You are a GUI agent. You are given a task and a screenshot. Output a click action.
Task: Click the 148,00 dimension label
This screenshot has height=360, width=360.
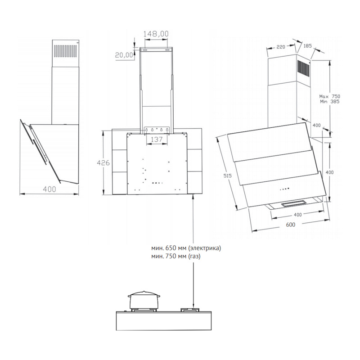[156, 34]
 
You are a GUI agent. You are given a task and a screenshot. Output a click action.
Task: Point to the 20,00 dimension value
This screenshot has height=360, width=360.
[124, 55]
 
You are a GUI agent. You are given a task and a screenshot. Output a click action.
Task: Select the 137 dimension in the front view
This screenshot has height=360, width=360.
[156, 139]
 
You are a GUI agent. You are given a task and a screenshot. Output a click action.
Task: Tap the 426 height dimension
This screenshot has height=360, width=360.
[104, 163]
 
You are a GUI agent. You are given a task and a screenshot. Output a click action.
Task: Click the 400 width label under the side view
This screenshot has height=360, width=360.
[49, 189]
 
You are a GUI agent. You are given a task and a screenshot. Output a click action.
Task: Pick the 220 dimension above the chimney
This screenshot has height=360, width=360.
[282, 47]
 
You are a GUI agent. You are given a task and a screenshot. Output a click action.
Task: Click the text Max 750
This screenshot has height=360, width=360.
[329, 96]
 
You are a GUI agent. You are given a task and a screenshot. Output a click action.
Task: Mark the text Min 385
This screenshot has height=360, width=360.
[329, 102]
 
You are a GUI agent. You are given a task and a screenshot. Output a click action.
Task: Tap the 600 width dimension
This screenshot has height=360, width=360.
[290, 225]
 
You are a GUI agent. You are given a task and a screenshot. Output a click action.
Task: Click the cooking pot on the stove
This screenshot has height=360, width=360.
[144, 301]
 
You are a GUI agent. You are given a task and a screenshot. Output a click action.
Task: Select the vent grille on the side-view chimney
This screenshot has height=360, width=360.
[66, 49]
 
